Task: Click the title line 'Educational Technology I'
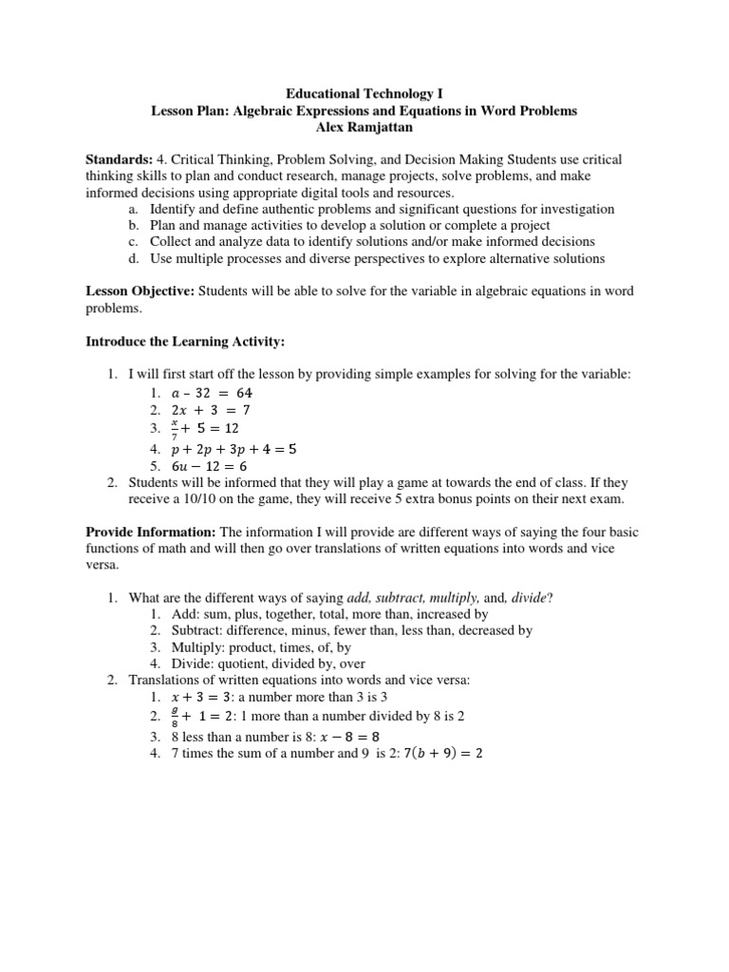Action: (x=364, y=94)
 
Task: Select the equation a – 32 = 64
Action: (x=212, y=392)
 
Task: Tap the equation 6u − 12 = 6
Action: (x=212, y=466)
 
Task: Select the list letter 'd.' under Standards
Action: (x=131, y=258)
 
